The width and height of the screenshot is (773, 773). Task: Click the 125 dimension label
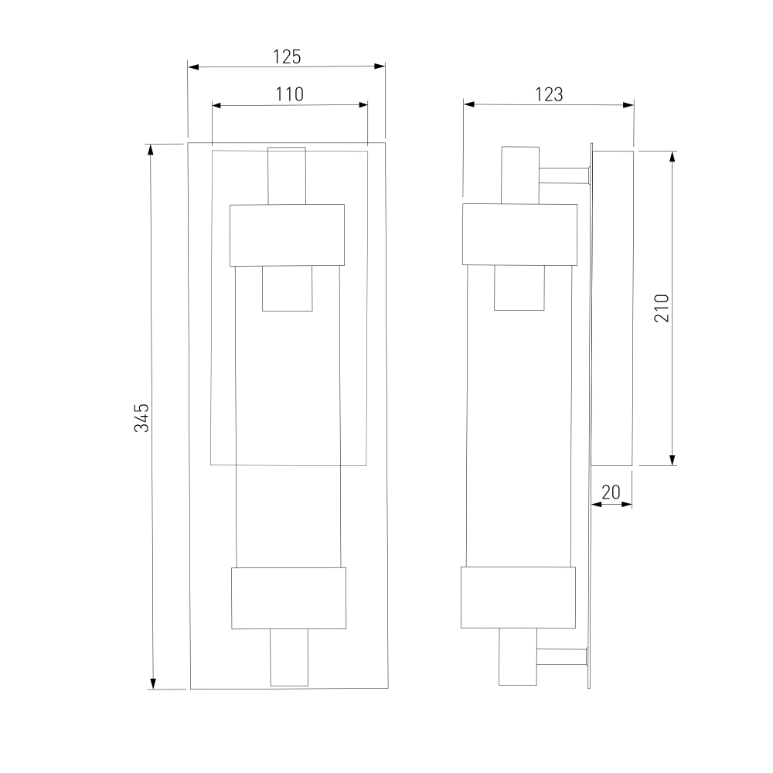(x=287, y=57)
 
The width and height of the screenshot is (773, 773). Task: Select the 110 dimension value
(x=289, y=94)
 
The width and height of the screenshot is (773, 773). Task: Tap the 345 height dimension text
(x=142, y=418)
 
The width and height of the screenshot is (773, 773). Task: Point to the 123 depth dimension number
(x=549, y=94)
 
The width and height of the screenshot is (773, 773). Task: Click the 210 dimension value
(x=662, y=308)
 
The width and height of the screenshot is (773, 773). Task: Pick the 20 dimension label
(x=611, y=492)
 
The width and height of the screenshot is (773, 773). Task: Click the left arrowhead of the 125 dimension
(x=193, y=66)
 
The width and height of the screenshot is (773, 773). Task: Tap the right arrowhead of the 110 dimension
(x=363, y=104)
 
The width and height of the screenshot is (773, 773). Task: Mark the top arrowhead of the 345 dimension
(x=151, y=149)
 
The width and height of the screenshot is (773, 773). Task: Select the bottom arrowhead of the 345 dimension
(x=153, y=683)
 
